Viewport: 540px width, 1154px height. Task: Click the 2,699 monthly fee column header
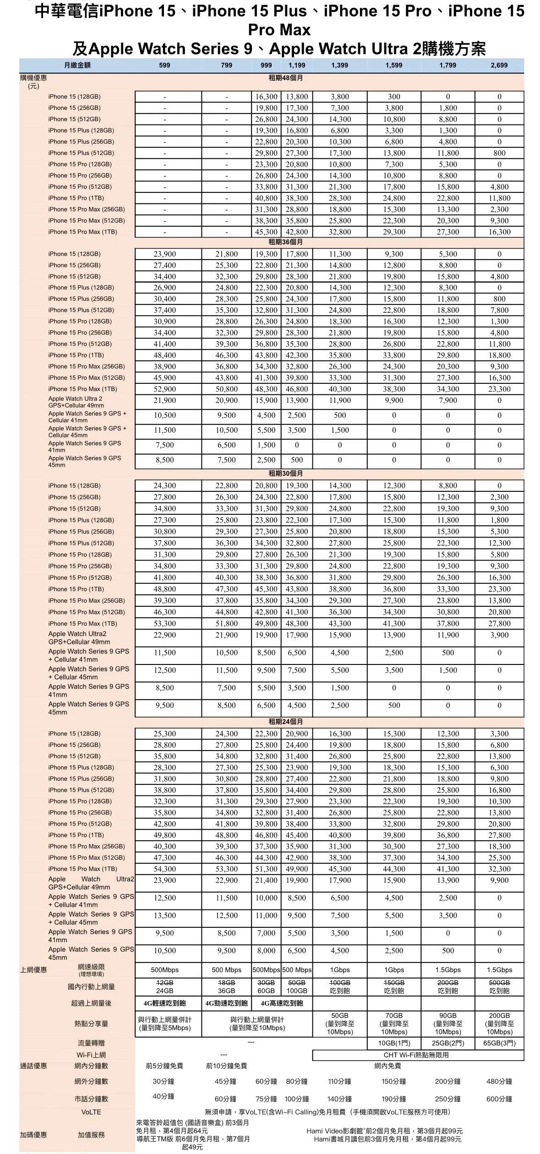[x=499, y=65]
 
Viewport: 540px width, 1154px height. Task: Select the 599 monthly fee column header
[x=164, y=65]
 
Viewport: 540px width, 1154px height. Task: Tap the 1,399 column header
[x=339, y=65]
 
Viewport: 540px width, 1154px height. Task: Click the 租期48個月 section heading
[x=285, y=78]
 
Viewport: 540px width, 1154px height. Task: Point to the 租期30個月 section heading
[x=285, y=474]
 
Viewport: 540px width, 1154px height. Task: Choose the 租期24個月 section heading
[x=285, y=722]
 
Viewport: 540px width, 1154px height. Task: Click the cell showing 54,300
[x=164, y=869]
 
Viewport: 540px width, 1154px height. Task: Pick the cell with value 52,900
[x=164, y=389]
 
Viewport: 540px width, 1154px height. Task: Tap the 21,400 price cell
[x=266, y=881]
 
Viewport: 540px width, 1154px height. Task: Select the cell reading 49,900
[x=297, y=869]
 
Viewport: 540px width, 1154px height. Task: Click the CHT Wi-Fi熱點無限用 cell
[x=416, y=1055]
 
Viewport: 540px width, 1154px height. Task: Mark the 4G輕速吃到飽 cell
[x=164, y=1003]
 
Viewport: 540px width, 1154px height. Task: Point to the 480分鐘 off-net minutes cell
[x=499, y=1082]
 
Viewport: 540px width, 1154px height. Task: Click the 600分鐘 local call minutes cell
[x=499, y=1099]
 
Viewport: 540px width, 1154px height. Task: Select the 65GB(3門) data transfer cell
[x=499, y=1043]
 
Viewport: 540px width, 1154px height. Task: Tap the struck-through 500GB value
[x=499, y=983]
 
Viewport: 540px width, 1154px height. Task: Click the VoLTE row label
[x=91, y=1112]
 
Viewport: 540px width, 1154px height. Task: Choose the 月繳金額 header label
[x=77, y=65]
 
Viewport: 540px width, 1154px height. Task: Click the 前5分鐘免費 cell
[x=164, y=1066]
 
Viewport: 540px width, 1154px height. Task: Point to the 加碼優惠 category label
[x=33, y=1135]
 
